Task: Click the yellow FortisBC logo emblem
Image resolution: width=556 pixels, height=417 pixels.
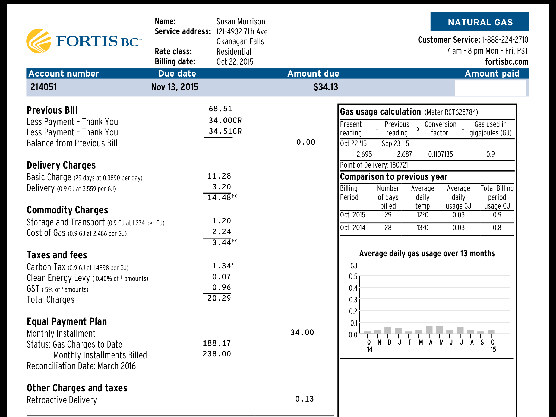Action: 39,41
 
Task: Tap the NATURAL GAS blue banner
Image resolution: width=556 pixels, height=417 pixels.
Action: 479,22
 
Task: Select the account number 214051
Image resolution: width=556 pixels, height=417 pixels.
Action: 43,87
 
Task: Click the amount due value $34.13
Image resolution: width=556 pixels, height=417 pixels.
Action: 326,87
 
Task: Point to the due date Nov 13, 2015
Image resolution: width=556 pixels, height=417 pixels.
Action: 175,87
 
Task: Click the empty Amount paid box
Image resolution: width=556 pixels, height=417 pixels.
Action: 490,88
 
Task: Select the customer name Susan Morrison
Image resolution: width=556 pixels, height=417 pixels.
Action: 241,21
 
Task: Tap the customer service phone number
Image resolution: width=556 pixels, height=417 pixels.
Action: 505,40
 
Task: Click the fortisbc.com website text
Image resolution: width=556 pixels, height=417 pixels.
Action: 507,62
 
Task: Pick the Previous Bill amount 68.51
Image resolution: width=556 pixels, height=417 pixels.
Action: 220,109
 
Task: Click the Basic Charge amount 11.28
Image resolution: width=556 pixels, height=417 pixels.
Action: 219,176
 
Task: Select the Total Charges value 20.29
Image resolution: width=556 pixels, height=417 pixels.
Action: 219,298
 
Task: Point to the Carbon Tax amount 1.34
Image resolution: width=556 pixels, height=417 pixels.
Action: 221,266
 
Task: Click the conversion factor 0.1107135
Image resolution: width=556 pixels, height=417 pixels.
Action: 440,154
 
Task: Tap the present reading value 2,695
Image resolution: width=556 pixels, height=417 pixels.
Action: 364,154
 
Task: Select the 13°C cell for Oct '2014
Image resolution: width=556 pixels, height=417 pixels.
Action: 422,228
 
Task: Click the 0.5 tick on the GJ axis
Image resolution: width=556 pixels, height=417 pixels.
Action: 353,276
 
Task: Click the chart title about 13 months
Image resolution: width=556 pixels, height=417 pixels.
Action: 427,254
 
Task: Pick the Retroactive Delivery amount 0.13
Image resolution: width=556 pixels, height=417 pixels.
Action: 304,399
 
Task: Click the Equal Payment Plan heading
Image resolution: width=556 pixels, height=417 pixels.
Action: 67,322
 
